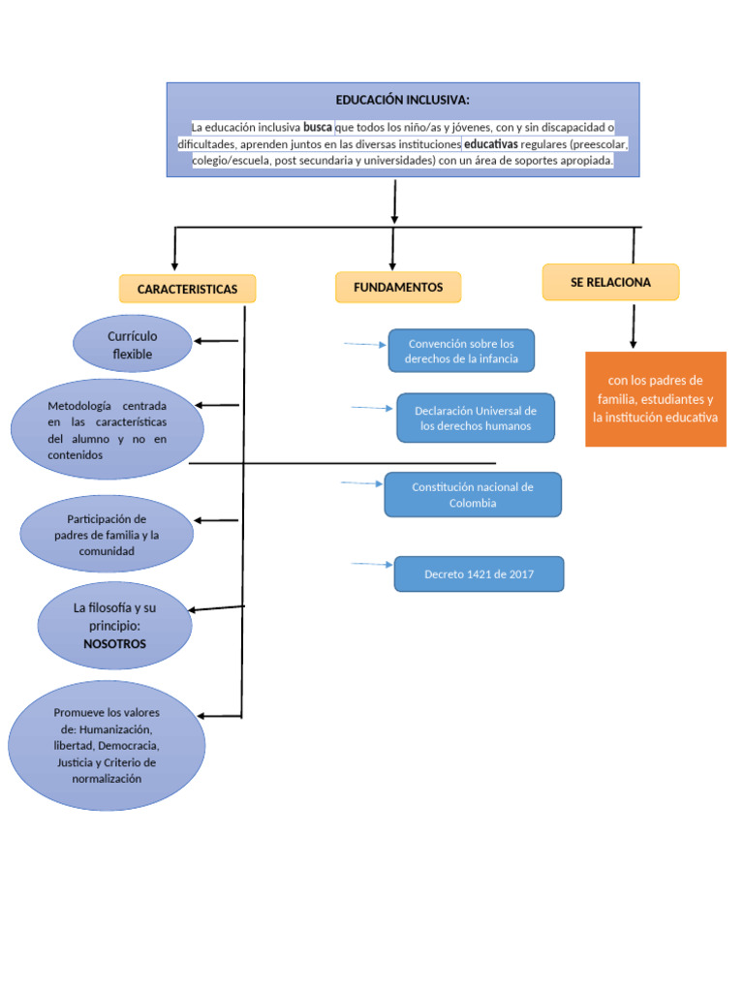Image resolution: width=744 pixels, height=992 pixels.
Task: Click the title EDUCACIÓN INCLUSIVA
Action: tap(402, 100)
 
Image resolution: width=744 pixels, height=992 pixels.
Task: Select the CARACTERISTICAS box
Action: tap(187, 289)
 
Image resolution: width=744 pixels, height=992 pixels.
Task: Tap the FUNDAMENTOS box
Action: tap(398, 287)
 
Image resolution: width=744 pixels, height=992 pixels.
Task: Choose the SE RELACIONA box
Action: tap(610, 282)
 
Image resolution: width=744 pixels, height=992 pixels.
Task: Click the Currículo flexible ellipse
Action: tap(132, 345)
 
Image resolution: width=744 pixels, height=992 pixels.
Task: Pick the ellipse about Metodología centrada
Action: tap(108, 429)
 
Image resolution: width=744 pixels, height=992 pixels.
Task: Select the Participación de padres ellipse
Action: tap(107, 535)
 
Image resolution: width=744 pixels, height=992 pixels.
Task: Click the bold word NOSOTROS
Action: tap(114, 643)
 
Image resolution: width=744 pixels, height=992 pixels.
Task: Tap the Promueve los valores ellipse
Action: tap(107, 745)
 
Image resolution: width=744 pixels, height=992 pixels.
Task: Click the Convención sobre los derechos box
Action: tap(461, 351)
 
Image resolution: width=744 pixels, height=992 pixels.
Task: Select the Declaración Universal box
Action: tap(476, 418)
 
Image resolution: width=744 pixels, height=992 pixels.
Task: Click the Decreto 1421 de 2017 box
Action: tap(479, 573)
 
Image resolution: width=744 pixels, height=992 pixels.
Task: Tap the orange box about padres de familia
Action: tap(656, 399)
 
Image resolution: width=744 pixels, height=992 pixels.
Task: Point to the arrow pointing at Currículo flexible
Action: tap(216, 341)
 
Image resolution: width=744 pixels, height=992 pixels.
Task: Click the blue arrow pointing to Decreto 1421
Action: tap(372, 564)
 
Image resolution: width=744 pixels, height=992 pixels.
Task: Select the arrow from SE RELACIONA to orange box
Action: tap(634, 326)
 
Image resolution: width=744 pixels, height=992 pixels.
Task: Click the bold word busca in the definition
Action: tap(318, 127)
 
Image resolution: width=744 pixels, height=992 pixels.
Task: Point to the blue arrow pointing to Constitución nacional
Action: tap(361, 482)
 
